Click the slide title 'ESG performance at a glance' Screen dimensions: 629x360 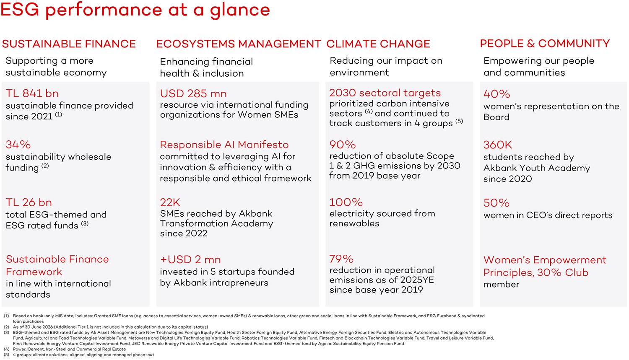[135, 10]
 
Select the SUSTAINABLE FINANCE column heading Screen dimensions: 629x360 [69, 44]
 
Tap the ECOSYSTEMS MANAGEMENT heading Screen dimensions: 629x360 [239, 44]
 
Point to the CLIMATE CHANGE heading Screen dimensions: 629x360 [378, 44]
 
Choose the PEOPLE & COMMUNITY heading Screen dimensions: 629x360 [545, 44]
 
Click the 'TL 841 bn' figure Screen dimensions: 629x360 [32, 93]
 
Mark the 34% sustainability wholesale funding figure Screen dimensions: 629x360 [18, 145]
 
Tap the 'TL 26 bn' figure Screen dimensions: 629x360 [29, 202]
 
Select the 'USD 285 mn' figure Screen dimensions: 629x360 [193, 94]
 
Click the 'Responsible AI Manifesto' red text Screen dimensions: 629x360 [224, 145]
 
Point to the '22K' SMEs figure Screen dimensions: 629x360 [170, 202]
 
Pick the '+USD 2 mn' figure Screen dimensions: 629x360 [190, 259]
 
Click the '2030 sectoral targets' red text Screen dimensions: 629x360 [385, 93]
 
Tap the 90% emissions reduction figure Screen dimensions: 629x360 [343, 145]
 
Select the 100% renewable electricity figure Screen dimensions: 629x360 [346, 202]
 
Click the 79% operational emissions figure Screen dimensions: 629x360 [341, 259]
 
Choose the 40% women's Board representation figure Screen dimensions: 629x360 [497, 94]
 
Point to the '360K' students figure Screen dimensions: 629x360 [498, 145]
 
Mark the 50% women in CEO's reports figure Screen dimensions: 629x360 [496, 203]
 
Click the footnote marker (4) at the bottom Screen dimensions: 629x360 [6, 350]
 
